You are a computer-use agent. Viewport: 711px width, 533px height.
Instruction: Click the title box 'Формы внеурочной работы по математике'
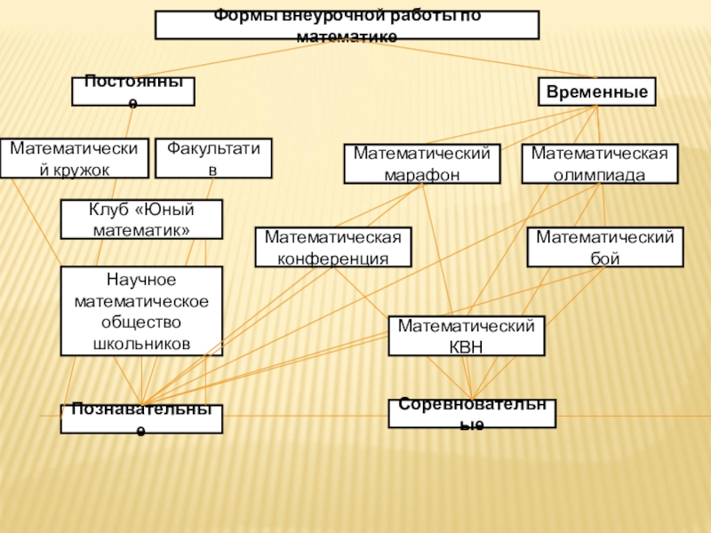[347, 25]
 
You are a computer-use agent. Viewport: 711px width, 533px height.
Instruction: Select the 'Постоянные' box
[133, 91]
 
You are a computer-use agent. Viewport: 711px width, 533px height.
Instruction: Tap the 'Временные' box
[597, 92]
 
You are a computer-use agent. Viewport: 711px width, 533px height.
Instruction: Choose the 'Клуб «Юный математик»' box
[141, 219]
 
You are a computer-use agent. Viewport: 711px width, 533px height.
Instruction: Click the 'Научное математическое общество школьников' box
[141, 311]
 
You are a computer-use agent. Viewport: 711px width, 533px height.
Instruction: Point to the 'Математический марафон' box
[422, 164]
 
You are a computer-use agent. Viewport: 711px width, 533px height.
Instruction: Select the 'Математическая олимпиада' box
[599, 164]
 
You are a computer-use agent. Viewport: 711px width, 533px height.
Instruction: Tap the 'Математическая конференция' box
[333, 248]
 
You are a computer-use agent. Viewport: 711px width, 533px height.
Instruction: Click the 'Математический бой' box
[604, 248]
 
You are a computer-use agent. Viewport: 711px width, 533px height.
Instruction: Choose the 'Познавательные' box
[141, 418]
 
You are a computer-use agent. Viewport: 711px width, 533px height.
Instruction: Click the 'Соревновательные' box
[472, 413]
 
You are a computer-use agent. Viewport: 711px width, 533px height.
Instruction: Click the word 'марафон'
[422, 174]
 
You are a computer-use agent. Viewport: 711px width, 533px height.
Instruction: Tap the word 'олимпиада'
[599, 174]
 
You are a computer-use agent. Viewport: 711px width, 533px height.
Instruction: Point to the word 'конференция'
[333, 259]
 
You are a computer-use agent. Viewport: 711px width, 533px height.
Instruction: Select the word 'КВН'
[467, 347]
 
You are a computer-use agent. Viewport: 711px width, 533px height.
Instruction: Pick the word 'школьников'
[141, 343]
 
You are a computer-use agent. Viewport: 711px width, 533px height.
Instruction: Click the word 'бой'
[604, 259]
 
